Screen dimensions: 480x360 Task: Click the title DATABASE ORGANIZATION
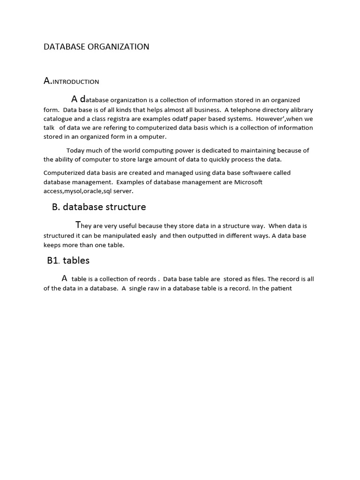tap(96, 47)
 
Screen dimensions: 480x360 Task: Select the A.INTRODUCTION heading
tap(71, 82)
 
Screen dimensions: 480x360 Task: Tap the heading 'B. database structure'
tap(99, 207)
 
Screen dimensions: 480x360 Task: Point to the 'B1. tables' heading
tap(68, 260)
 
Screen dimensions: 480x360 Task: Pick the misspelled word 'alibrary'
tap(300, 109)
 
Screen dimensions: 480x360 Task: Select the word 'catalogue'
tap(58, 119)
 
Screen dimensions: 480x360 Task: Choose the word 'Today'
tap(75, 150)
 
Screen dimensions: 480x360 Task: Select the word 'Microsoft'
tap(248, 182)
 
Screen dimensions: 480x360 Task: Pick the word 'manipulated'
tap(122, 235)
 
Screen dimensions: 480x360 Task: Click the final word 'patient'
tap(280, 288)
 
